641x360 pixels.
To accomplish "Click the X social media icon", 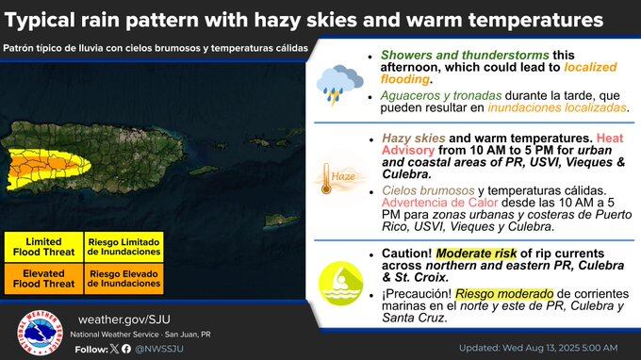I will click(x=115, y=349).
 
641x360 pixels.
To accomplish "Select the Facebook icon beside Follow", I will click(x=127, y=349).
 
